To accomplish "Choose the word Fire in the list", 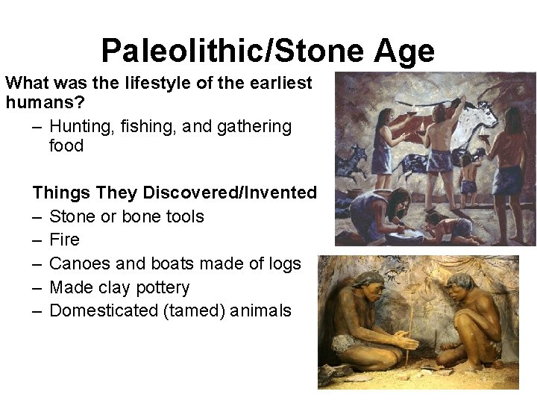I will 64,240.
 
